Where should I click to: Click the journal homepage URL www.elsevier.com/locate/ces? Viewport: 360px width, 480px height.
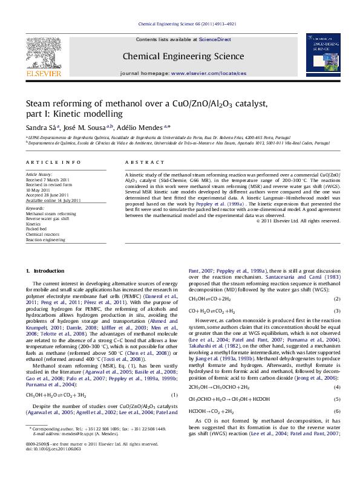click(x=209, y=73)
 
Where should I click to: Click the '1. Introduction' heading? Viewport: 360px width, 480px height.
click(x=42, y=270)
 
